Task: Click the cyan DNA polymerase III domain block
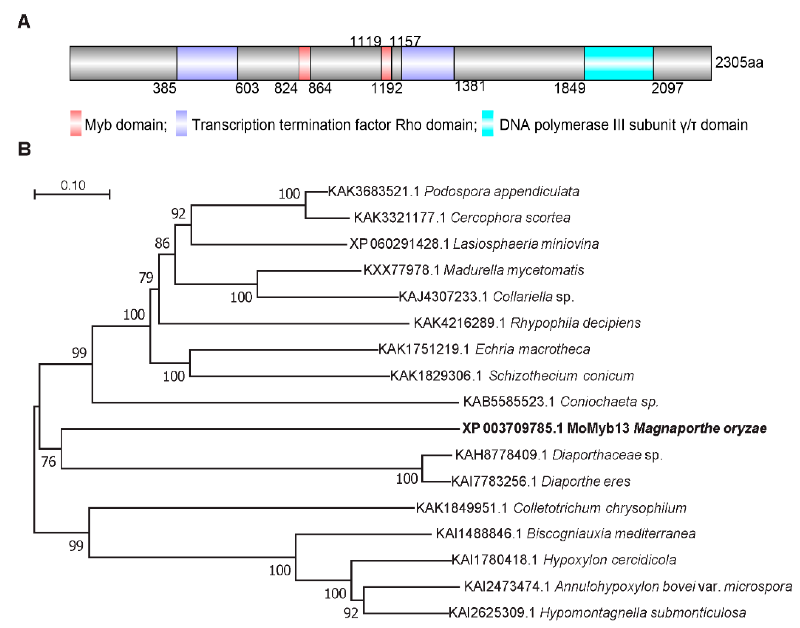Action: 618,63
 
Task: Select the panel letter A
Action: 24,22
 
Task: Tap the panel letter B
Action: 24,149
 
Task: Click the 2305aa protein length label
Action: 739,63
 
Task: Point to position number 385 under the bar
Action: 164,88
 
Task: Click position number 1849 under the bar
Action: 570,88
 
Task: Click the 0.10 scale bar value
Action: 73,185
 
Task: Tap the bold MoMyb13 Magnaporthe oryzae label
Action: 614,428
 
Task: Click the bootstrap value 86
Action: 162,243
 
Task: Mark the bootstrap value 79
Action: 146,277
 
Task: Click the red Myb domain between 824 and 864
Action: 305,63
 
